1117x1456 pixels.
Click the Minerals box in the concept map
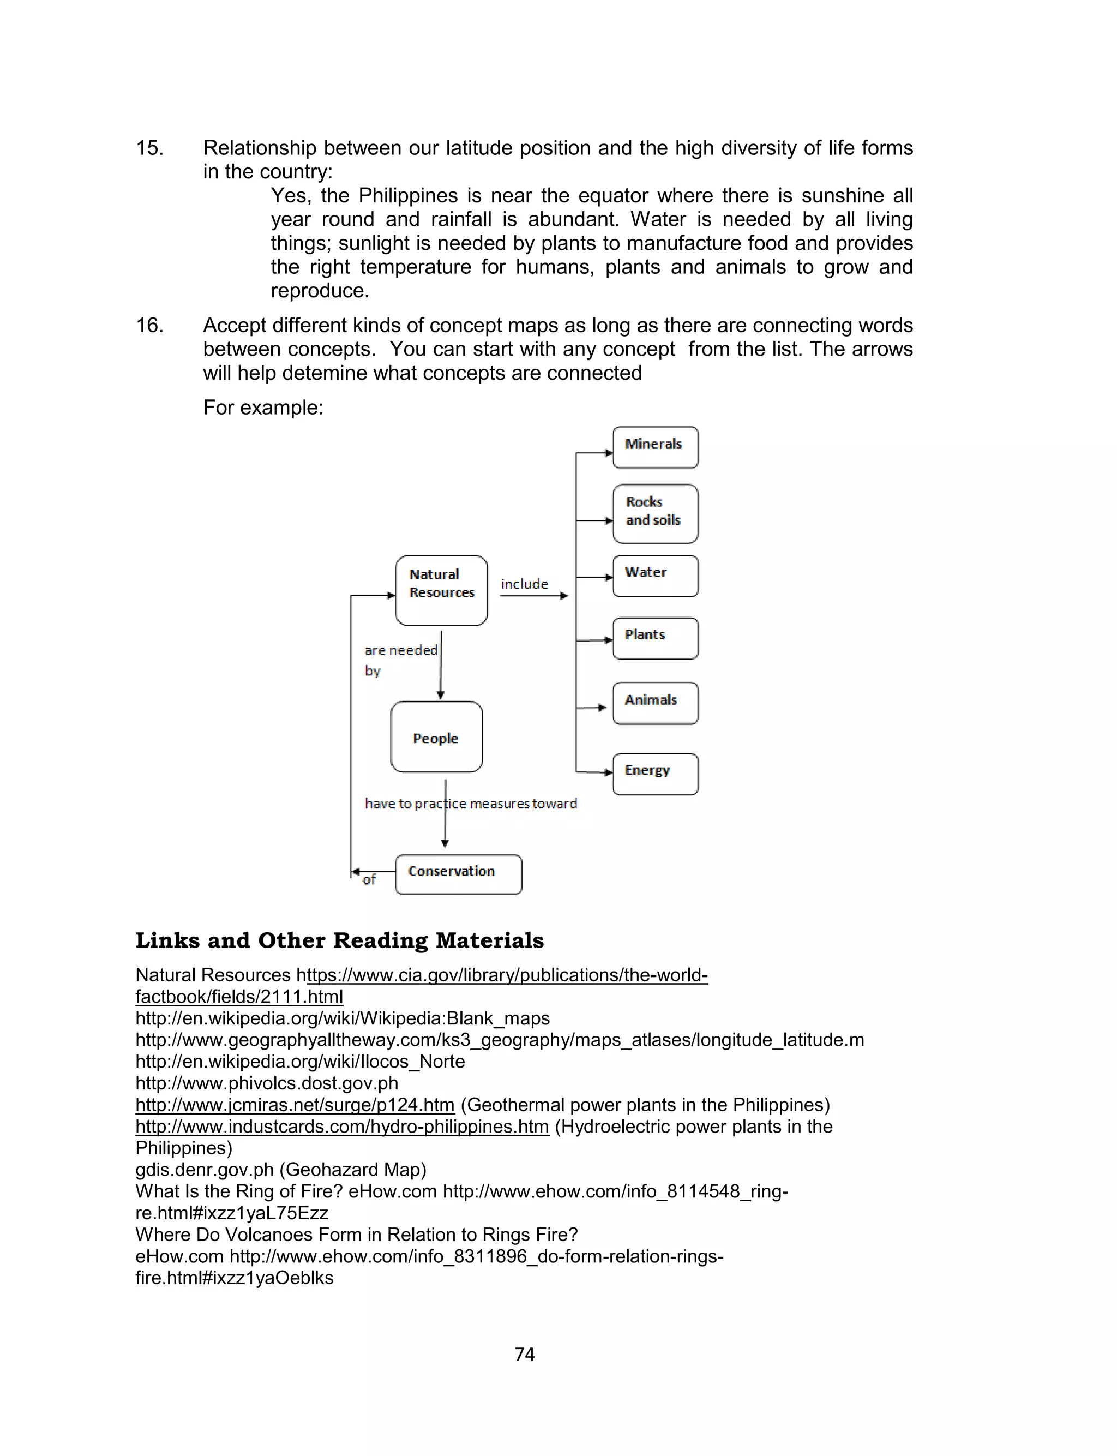655,447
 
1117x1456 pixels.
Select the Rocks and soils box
655,514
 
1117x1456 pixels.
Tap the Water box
655,576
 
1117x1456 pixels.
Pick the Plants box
655,638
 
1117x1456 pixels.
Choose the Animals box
655,703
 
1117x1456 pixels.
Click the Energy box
655,773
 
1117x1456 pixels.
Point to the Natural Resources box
441,590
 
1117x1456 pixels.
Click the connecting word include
525,584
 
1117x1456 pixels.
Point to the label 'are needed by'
400,660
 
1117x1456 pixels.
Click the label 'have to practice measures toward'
471,803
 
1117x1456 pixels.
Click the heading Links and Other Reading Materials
339,940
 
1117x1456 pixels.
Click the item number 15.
149,148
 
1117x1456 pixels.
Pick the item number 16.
149,325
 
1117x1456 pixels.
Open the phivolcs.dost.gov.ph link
267,1083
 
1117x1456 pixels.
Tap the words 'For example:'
263,407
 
